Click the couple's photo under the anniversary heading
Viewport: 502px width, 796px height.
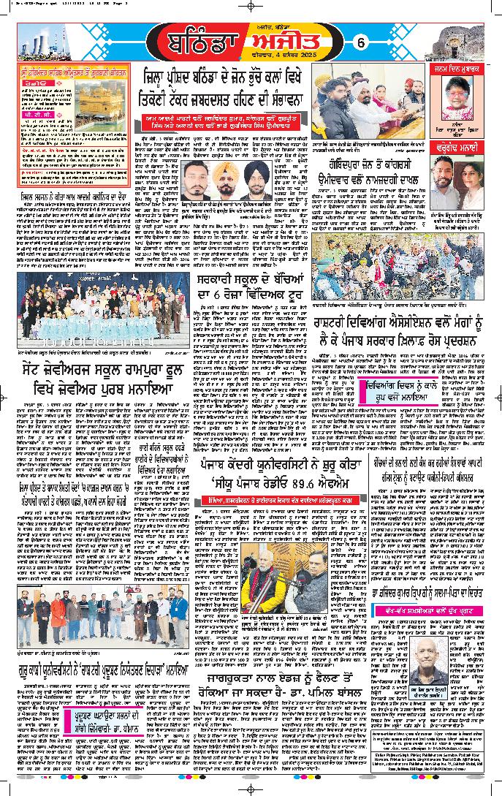(x=454, y=180)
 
